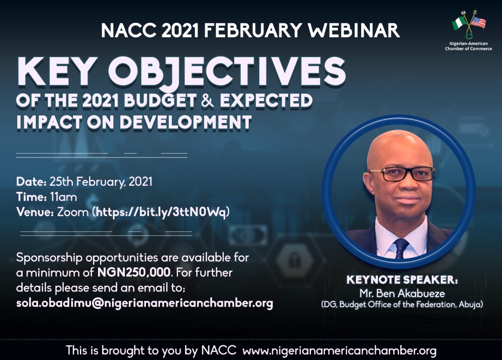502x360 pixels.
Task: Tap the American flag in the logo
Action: (478, 22)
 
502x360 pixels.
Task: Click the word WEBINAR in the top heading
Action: (354, 30)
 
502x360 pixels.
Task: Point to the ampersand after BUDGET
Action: (208, 100)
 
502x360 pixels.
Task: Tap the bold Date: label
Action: (32, 182)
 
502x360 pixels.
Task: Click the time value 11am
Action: (63, 197)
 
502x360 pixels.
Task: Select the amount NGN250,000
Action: (134, 272)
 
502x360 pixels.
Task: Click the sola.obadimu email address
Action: (145, 303)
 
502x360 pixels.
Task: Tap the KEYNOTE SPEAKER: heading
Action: (402, 280)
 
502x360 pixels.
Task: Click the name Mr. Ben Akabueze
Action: (402, 293)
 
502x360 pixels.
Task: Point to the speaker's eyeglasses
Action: (402, 174)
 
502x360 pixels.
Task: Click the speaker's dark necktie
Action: (401, 249)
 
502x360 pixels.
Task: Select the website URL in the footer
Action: (339, 351)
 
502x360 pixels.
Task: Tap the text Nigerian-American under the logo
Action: (469, 44)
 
